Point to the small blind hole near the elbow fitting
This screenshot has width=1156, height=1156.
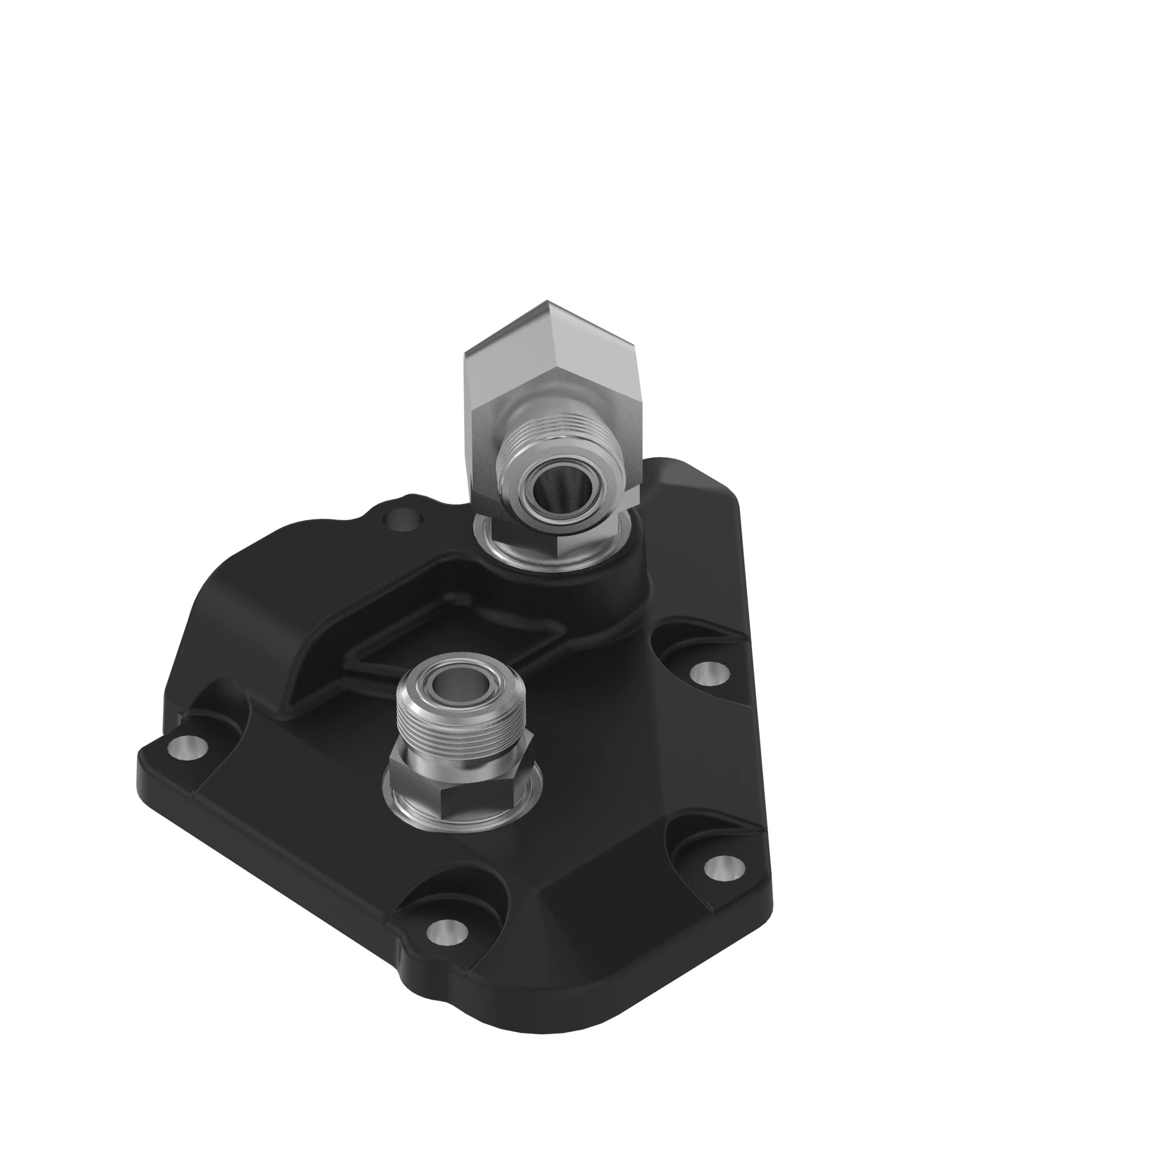[405, 517]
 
